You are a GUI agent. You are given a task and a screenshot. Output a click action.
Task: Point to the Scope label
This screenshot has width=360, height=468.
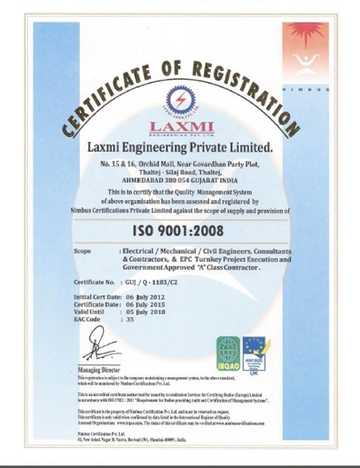pyautogui.click(x=82, y=249)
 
